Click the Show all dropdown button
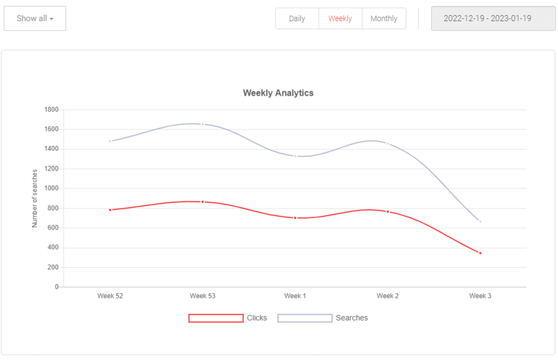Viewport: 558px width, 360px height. coord(35,18)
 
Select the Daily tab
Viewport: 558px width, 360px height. coord(297,18)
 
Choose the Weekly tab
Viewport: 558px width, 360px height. coord(340,18)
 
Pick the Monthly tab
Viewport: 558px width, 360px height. coord(383,18)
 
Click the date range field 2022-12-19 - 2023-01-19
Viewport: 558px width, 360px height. coord(487,18)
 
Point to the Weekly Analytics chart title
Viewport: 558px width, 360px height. coord(278,93)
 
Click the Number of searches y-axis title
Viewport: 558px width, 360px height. coord(34,198)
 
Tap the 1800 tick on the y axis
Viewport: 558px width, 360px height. coord(52,109)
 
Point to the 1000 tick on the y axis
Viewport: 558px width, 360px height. coord(52,188)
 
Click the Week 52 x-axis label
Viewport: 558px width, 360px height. coord(110,296)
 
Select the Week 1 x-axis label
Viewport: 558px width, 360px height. coord(295,296)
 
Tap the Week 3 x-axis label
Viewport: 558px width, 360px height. coord(480,296)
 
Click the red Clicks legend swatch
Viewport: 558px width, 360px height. coord(216,318)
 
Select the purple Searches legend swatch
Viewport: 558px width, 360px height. coord(305,318)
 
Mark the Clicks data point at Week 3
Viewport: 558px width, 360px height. coord(480,253)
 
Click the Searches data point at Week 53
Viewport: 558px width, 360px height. coord(202,124)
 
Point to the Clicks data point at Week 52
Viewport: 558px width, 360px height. coord(110,210)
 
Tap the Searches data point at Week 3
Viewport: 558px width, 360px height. coord(480,222)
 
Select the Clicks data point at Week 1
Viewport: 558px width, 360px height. coord(295,218)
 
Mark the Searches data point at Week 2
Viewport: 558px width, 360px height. coord(388,143)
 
